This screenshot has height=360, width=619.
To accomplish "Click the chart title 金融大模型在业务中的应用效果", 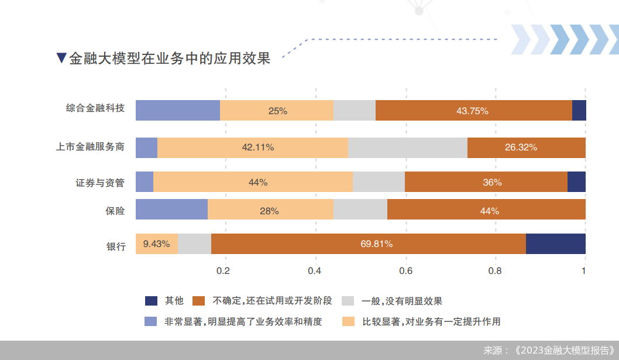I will [169, 59].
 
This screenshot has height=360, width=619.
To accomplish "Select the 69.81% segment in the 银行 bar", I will [369, 244].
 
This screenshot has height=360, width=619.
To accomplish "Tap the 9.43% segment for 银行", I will [156, 244].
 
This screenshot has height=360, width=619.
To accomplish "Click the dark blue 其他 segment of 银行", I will [556, 244].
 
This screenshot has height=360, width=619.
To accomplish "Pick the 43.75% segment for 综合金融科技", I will [473, 110].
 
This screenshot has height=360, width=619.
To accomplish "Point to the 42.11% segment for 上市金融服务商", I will [253, 148].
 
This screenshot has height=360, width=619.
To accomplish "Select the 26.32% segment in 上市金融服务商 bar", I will [526, 148].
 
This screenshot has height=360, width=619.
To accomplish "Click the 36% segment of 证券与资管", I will [486, 182].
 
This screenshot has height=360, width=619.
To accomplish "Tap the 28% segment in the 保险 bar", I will [270, 210].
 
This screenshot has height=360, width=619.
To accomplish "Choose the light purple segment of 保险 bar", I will [171, 210].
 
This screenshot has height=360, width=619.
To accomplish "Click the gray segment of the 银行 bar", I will [194, 244].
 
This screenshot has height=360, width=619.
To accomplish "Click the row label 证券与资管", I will [100, 183].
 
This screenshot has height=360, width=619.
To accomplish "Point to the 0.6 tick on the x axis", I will [405, 271].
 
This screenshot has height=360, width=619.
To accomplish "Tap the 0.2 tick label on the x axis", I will [223, 271].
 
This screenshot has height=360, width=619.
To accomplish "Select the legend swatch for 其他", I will [152, 301].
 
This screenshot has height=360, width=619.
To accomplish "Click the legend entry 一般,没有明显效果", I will [401, 301].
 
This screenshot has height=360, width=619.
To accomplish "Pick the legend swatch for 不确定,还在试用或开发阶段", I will [199, 301].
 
